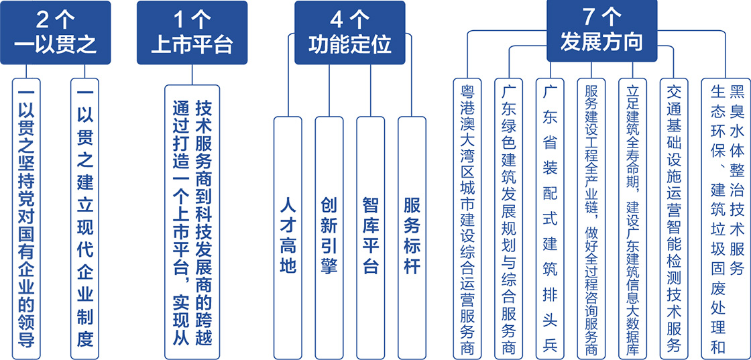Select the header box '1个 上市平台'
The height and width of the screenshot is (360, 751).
coord(192,33)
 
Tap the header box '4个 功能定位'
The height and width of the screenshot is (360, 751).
coord(349,33)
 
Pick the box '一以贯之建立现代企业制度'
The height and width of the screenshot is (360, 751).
coord(85,218)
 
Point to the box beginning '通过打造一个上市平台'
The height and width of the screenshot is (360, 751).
coord(192,218)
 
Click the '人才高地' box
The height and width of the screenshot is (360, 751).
coord(287,237)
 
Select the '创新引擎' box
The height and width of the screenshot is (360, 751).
coord(329,237)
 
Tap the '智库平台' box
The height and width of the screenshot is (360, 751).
coord(370,237)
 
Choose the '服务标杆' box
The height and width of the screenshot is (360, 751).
coord(412,237)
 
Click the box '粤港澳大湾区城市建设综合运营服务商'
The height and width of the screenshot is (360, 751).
coord(467,218)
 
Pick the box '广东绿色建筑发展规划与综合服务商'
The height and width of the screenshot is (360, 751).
coord(509,218)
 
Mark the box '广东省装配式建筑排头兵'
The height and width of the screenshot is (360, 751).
coord(551,218)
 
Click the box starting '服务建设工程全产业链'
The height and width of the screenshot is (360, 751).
coord(591,218)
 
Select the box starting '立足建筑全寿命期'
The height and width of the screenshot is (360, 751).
coord(633,218)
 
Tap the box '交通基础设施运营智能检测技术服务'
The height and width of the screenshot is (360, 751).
coord(675,218)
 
